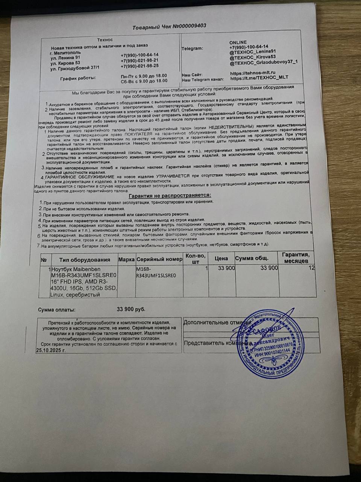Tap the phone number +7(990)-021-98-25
coord(140,66)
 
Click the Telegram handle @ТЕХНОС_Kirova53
coord(253,57)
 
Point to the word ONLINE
coord(238,42)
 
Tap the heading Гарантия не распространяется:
coord(170,195)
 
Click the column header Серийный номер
coord(159,259)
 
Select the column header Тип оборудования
coord(85,259)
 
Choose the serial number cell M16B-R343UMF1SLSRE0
coord(158,272)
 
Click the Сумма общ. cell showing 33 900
coord(269,268)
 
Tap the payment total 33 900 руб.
coord(131,309)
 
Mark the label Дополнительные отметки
coord(216,323)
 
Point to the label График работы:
coord(78,78)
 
